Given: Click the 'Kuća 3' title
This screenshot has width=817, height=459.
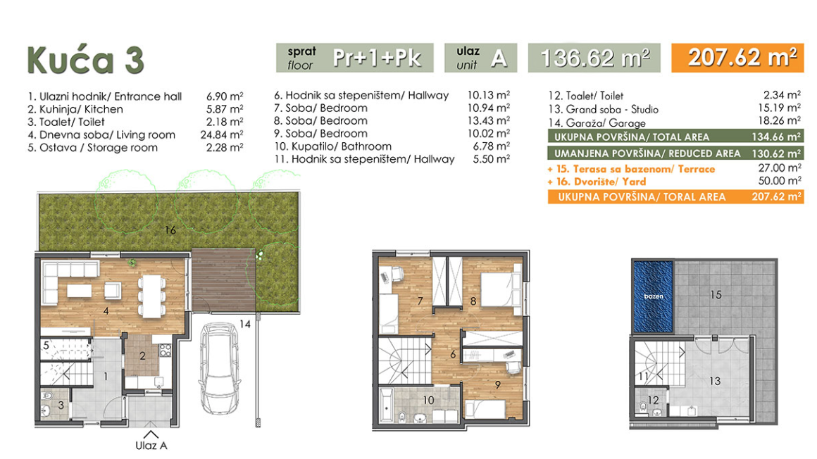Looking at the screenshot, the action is [x=85, y=60].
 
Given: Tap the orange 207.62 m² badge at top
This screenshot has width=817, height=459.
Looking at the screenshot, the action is [x=738, y=57].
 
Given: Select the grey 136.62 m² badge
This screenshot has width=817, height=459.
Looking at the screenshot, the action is [x=594, y=57].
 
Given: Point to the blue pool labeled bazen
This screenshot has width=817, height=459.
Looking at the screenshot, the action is [x=654, y=296].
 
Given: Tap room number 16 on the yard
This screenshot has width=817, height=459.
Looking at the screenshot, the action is [x=170, y=229].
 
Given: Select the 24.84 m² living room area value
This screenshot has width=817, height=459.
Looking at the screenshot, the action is [x=221, y=134].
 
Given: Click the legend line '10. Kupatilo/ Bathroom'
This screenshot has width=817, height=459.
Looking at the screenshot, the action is [x=333, y=146].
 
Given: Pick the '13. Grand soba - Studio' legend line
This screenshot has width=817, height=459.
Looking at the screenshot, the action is [x=604, y=109].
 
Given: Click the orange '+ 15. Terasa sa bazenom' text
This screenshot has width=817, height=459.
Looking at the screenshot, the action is [x=631, y=169].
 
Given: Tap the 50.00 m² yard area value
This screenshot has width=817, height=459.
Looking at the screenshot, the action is [x=780, y=181].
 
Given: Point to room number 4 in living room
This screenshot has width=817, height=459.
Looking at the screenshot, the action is [x=106, y=311].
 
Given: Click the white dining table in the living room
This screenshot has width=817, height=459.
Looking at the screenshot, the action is [x=151, y=296].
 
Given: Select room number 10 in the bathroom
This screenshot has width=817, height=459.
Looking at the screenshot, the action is [x=428, y=400].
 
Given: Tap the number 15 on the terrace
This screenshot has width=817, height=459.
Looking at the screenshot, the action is [x=716, y=295].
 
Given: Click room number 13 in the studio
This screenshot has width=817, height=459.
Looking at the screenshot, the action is [x=715, y=382].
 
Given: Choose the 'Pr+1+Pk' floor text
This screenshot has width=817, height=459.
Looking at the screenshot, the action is [x=378, y=57].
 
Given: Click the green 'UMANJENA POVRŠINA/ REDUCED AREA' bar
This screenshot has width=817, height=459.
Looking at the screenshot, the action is [x=675, y=153].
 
